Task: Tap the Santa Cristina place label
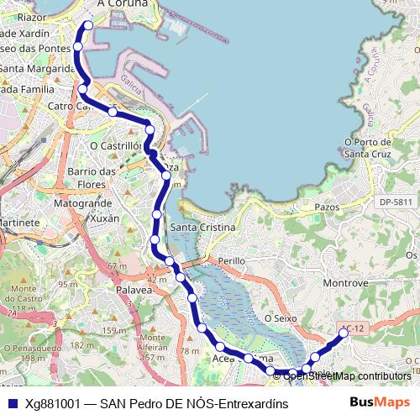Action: click(x=203, y=228)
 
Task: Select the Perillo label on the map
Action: click(x=230, y=261)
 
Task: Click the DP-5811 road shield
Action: click(x=396, y=202)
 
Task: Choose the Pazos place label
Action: click(x=326, y=206)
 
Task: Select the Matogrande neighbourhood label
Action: click(x=82, y=204)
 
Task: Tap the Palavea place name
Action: click(x=134, y=290)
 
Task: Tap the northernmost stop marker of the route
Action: click(x=87, y=25)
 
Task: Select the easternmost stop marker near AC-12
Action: click(x=343, y=333)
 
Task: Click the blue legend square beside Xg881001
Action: click(x=12, y=403)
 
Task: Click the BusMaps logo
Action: click(x=380, y=402)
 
